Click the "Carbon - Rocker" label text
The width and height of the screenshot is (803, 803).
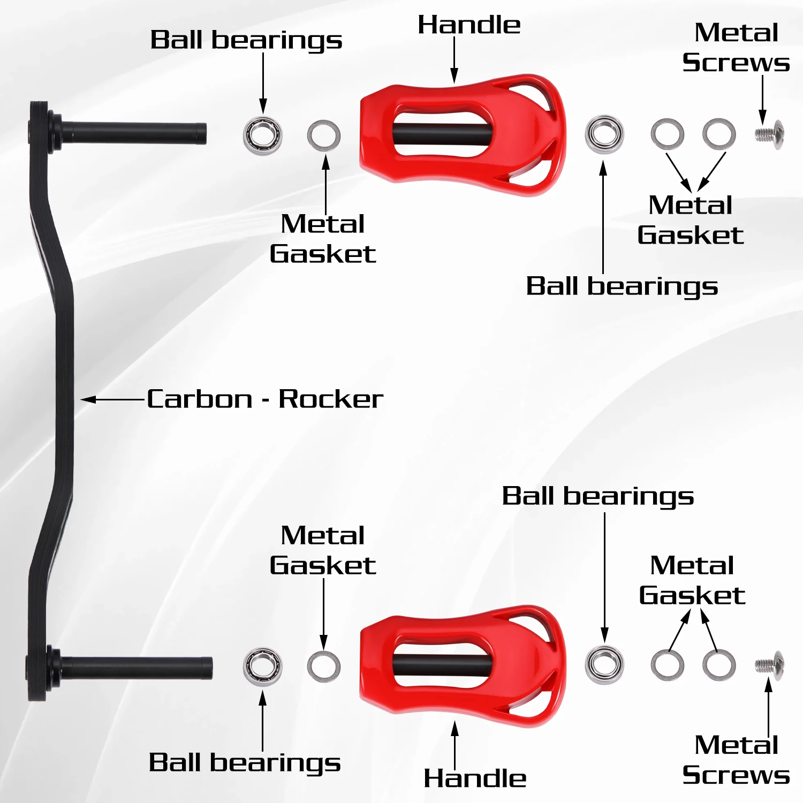pyautogui.click(x=265, y=399)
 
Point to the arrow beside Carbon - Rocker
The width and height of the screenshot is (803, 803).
pyautogui.click(x=112, y=399)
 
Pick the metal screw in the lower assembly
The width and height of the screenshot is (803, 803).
pyautogui.click(x=770, y=665)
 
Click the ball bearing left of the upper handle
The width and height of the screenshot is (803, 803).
pyautogui.click(x=263, y=135)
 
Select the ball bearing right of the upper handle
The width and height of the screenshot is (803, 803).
pyautogui.click(x=604, y=134)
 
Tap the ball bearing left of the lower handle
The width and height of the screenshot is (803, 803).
pyautogui.click(x=263, y=666)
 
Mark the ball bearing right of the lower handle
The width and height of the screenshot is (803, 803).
pyautogui.click(x=604, y=665)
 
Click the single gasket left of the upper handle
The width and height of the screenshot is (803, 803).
pyautogui.click(x=324, y=135)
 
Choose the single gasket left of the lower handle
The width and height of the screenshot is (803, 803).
pyautogui.click(x=324, y=666)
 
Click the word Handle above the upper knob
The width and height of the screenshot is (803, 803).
pyautogui.click(x=469, y=25)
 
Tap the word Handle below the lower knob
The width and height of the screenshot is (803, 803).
pyautogui.click(x=475, y=778)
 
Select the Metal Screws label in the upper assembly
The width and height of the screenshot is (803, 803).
pyautogui.click(x=736, y=48)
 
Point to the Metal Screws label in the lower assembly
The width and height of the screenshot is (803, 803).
pyautogui.click(x=736, y=760)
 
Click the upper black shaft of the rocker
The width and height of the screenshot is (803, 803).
pyautogui.click(x=134, y=133)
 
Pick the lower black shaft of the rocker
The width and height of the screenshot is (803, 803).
pyautogui.click(x=137, y=666)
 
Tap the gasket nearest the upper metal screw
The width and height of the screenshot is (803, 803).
pyautogui.click(x=719, y=134)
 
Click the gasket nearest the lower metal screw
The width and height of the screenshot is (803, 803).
pyautogui.click(x=719, y=665)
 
